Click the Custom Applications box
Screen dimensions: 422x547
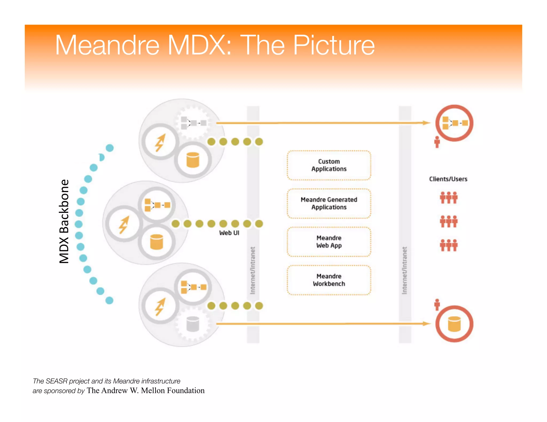tap(329, 165)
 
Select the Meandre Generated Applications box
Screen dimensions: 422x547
tap(329, 204)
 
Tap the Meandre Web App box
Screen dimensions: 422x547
tap(329, 242)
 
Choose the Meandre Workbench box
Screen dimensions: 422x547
tap(329, 280)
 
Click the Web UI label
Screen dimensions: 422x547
tap(229, 233)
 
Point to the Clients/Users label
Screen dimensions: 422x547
tap(448, 179)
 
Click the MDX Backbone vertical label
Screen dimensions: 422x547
tap(64, 221)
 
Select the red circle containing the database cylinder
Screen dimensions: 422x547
tap(454, 324)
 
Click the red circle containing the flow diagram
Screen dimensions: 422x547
tap(454, 123)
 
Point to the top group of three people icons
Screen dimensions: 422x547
tap(449, 198)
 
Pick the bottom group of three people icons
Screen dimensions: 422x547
tap(449, 245)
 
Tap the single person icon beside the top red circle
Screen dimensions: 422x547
tap(437, 142)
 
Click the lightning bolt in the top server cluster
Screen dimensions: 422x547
tap(160, 142)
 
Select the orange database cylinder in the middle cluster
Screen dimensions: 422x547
tap(157, 242)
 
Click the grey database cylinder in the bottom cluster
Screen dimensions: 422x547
tap(193, 324)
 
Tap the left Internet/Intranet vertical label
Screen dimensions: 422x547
tap(253, 270)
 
